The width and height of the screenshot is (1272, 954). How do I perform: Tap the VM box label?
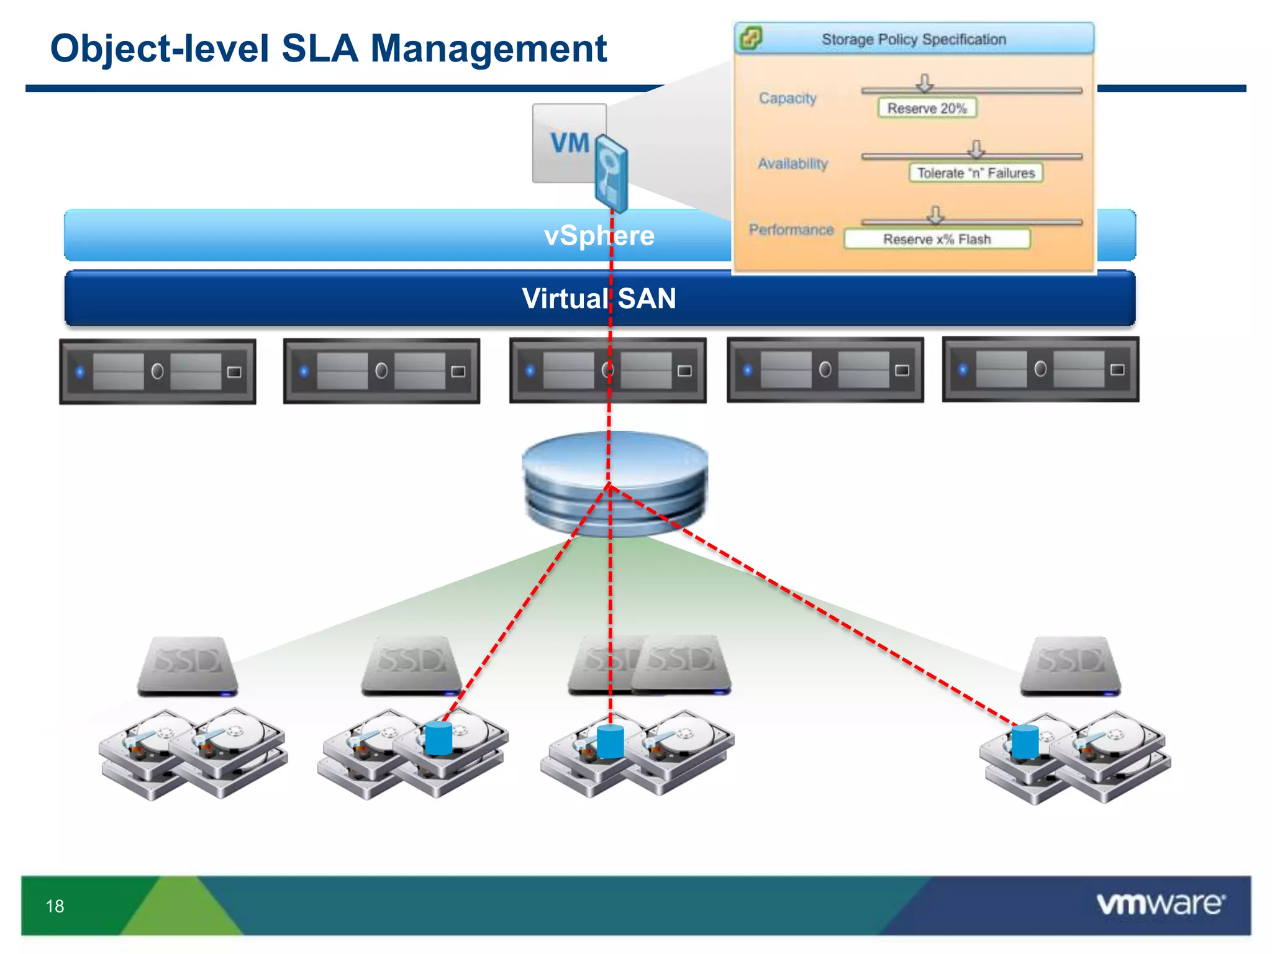[570, 143]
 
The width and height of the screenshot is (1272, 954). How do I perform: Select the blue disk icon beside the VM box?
[611, 175]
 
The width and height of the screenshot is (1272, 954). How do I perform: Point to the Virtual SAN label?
[599, 299]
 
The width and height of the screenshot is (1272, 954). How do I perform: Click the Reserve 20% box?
[927, 108]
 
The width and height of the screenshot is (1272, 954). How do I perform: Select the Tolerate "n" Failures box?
[976, 173]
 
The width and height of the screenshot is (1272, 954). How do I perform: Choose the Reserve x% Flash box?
[937, 239]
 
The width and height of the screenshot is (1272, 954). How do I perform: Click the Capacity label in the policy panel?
[787, 98]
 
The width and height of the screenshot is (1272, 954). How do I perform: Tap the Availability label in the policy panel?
[793, 164]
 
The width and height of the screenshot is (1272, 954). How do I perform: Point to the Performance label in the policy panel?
[791, 230]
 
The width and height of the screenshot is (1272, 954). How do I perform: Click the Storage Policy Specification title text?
[914, 40]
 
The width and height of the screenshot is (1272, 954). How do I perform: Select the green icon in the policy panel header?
[750, 39]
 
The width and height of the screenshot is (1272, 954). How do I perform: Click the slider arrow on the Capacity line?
[925, 83]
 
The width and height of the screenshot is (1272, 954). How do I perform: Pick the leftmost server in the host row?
[158, 371]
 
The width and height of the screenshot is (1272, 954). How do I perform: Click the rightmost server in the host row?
[1040, 370]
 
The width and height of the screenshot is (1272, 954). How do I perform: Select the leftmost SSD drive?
[187, 665]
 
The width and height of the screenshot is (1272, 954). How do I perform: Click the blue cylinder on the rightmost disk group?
[1025, 742]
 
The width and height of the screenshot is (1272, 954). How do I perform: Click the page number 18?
[55, 906]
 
